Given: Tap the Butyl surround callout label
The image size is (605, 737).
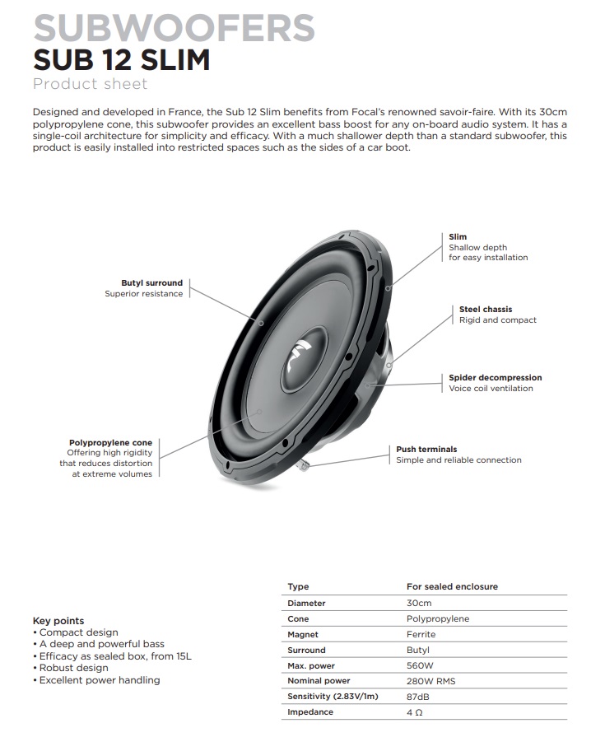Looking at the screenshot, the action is (151, 283).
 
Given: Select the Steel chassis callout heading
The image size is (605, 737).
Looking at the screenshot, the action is (486, 310).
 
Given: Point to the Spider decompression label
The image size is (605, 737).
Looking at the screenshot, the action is (495, 377).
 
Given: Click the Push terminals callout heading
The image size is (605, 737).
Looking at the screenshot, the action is (426, 449).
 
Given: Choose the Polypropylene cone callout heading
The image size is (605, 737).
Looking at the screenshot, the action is (110, 443).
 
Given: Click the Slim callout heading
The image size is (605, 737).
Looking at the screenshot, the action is (458, 237).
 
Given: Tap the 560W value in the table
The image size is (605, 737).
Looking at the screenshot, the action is (420, 665).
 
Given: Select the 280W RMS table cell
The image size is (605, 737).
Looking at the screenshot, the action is (430, 681).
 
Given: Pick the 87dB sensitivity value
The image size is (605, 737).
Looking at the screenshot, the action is (418, 697).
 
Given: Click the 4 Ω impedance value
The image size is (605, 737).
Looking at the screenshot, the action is (414, 712).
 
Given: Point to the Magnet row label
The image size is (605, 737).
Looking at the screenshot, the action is (303, 635).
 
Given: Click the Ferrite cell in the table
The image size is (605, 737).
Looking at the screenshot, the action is (421, 635).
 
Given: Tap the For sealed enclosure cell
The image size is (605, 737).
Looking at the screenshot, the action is (452, 586).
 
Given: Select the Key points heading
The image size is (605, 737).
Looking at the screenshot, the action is (58, 621).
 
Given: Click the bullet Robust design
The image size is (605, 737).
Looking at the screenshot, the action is (71, 668).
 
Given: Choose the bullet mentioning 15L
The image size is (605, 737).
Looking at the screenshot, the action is (112, 656).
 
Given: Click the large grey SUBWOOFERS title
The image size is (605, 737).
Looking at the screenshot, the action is (175, 27).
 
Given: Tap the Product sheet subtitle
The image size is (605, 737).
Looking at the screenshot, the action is (91, 84).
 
